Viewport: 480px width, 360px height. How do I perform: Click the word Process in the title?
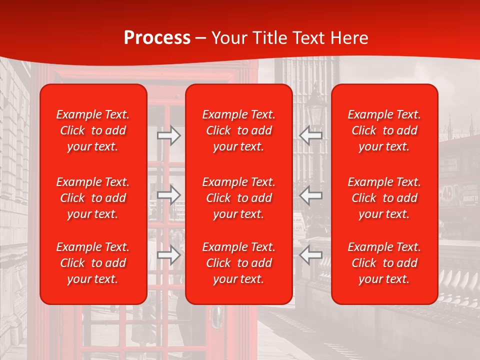click(x=157, y=38)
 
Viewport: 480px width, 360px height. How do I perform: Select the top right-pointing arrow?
click(x=168, y=135)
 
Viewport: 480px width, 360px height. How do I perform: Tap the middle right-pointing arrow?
click(x=168, y=195)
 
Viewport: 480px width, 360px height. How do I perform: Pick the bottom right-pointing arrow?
click(x=168, y=255)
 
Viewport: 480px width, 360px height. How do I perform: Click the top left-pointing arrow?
click(x=310, y=135)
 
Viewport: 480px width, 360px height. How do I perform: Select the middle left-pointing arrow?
click(x=310, y=195)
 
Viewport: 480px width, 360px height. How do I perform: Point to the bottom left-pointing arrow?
click(x=310, y=255)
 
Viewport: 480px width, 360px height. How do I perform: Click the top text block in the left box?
click(x=93, y=130)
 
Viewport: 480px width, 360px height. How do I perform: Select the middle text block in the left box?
click(x=93, y=198)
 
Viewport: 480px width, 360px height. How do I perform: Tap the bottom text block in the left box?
click(x=93, y=263)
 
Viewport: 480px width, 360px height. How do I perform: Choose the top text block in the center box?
click(x=239, y=130)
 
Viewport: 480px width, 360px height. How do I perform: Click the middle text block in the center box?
click(x=239, y=198)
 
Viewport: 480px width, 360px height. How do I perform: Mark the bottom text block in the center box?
click(x=239, y=263)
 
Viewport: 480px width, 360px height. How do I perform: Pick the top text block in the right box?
click(x=384, y=130)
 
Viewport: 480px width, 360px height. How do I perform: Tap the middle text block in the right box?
click(x=384, y=198)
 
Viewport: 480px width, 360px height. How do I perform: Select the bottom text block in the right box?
click(x=384, y=263)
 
